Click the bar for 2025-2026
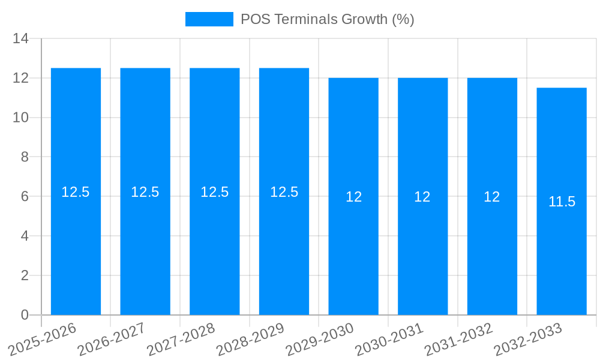click(x=76, y=240)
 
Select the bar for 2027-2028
click(x=215, y=240)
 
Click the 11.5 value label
click(x=562, y=202)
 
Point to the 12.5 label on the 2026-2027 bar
click(x=145, y=192)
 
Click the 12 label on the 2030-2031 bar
click(x=422, y=197)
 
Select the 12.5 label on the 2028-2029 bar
click(x=284, y=192)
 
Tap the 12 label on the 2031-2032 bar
click(x=492, y=197)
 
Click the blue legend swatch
click(x=209, y=19)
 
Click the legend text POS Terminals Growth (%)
click(x=327, y=19)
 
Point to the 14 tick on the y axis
click(x=20, y=39)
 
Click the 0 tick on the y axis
click(x=25, y=315)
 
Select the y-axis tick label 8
click(x=25, y=157)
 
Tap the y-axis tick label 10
click(x=20, y=118)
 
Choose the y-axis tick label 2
click(x=25, y=275)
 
